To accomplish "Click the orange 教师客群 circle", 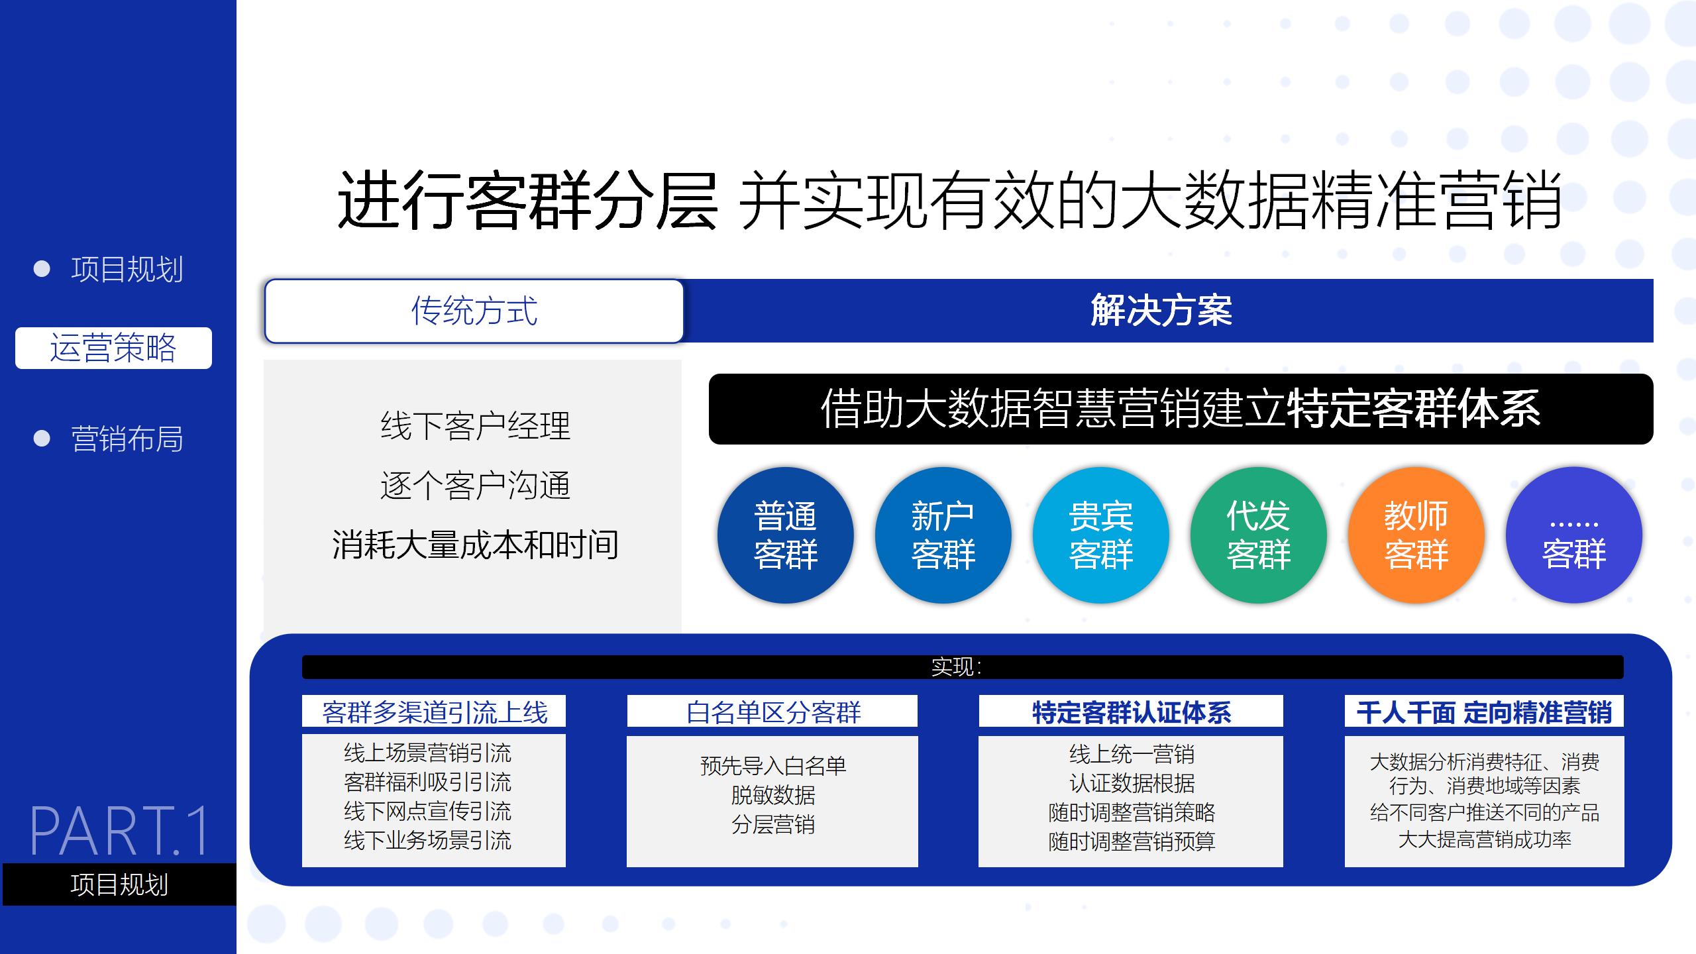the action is point(1416,535).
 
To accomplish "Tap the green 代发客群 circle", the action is point(1259,535).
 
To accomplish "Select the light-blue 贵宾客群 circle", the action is point(1101,535).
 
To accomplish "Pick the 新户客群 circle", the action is point(943,535).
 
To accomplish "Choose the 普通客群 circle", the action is point(786,535).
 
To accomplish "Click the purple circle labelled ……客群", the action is point(1574,535).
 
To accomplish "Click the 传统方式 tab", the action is point(474,311).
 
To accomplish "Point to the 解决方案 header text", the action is point(1161,310).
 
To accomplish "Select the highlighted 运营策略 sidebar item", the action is point(113,348).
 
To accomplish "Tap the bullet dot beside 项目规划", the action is point(42,269).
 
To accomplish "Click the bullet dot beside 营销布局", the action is point(42,439).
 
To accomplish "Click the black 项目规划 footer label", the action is point(119,884).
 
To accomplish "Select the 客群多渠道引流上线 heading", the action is point(434,712).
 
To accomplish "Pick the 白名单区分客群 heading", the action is point(772,712).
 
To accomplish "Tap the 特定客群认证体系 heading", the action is point(1131,712).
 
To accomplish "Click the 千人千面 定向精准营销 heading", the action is point(1484,712).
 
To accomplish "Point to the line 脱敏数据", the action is point(773,795).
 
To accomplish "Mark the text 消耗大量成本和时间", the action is point(475,545).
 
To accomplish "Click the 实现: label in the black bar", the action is point(956,667).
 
